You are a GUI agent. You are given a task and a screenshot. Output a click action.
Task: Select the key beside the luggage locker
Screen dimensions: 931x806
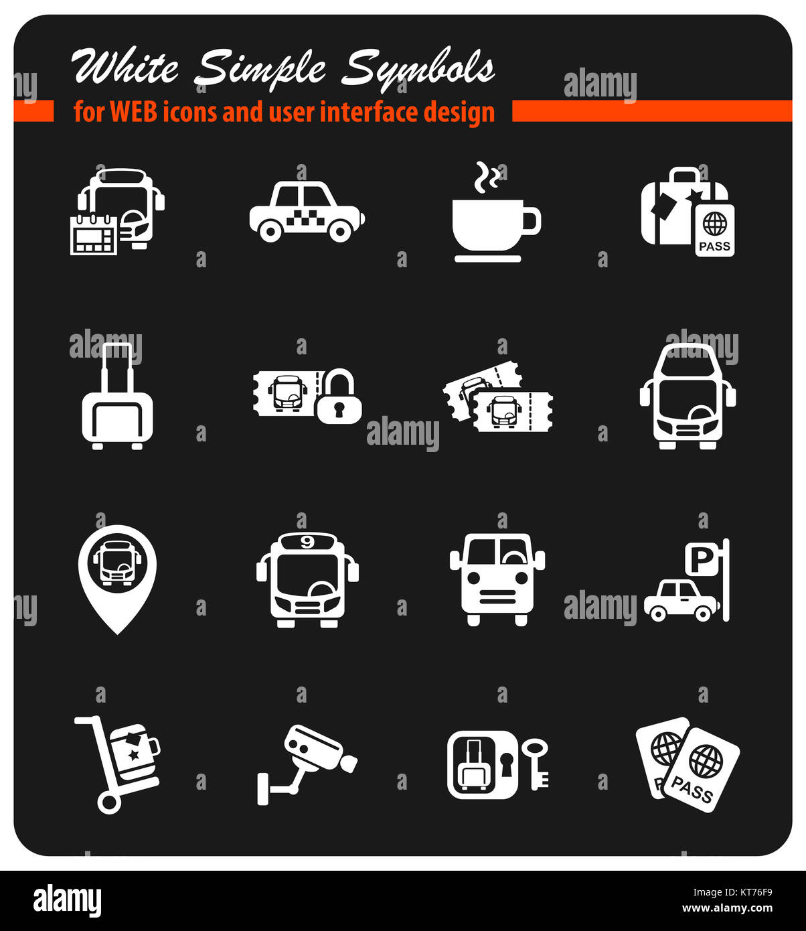[x=536, y=763]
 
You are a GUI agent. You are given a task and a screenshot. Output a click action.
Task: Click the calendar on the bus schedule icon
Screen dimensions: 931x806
[x=94, y=235]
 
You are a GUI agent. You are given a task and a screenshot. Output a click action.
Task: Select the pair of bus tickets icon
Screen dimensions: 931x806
[x=499, y=399]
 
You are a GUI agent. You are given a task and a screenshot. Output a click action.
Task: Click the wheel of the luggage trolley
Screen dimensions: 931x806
[x=108, y=802]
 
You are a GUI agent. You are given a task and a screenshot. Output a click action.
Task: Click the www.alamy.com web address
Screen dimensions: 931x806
[x=727, y=909]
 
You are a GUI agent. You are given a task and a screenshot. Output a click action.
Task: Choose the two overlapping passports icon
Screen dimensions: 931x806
[x=688, y=764]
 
